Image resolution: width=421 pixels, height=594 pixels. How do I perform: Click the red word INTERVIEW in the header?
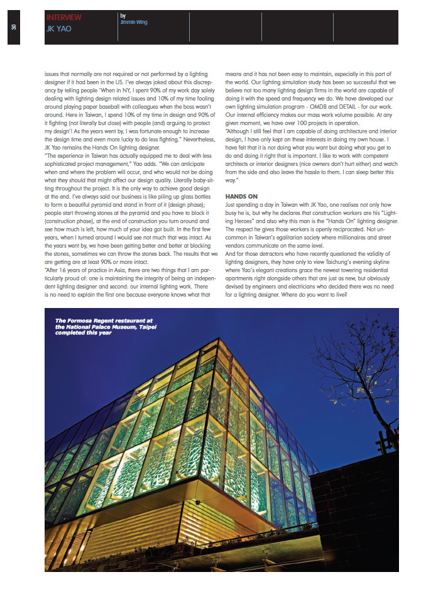(64, 18)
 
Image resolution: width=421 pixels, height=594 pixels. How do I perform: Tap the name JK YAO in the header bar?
(58, 29)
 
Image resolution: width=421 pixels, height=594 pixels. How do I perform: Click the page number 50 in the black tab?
(13, 28)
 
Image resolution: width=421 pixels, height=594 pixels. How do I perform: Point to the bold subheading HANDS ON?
(241, 197)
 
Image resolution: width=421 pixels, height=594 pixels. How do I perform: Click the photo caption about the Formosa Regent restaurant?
(99, 327)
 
